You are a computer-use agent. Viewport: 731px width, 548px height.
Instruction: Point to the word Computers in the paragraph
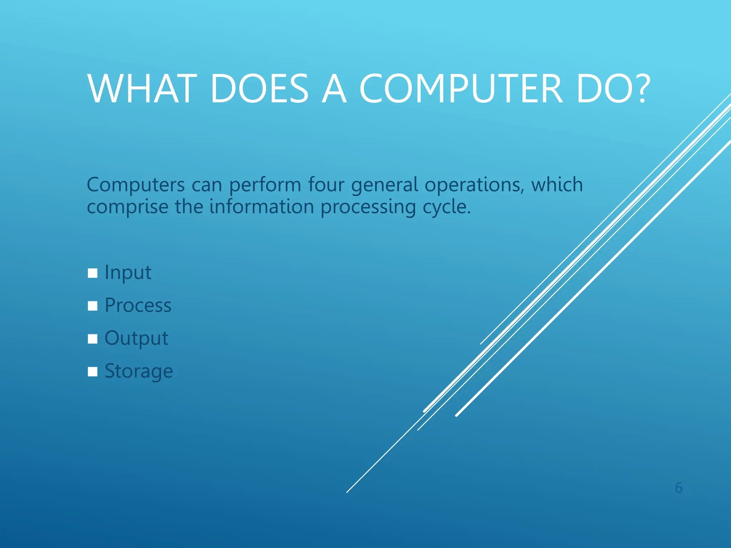[x=136, y=185]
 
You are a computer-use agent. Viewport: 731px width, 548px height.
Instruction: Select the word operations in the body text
[x=474, y=185]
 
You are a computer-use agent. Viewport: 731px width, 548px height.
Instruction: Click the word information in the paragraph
[x=261, y=207]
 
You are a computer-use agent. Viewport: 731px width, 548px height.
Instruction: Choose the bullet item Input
[x=128, y=273]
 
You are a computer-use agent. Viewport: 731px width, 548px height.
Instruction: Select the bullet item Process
[x=138, y=306]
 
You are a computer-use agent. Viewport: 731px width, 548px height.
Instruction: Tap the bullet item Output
[x=136, y=339]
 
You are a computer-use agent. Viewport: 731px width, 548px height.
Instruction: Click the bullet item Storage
[x=138, y=371]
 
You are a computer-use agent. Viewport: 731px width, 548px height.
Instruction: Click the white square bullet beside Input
[x=92, y=273]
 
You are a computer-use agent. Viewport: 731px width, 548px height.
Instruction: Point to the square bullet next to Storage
[x=92, y=372]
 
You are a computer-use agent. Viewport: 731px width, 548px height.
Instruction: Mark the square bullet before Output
[x=92, y=339]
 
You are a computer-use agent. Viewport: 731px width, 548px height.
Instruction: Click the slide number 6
[x=679, y=488]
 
